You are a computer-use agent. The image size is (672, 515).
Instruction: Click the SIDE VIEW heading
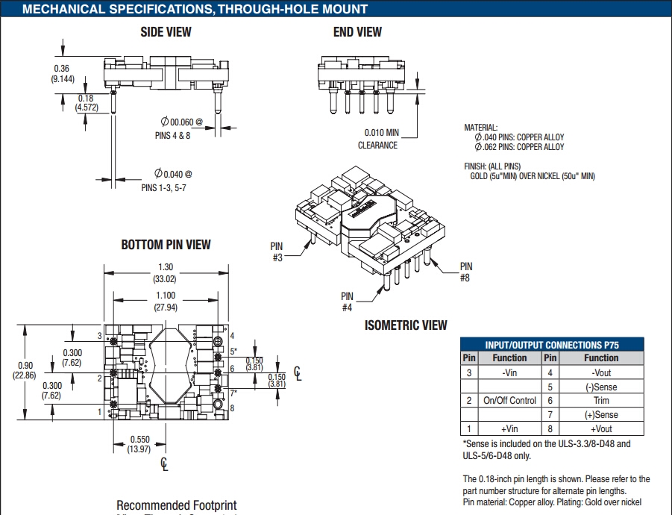click(x=166, y=31)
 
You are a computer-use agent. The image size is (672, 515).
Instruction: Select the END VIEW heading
click(x=357, y=31)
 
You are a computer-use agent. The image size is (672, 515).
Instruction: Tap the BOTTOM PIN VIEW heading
click(x=166, y=245)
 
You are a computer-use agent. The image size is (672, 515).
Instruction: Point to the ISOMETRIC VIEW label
click(x=406, y=325)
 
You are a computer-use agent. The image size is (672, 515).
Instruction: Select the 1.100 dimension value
click(x=165, y=296)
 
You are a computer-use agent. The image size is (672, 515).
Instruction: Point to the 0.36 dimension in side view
click(x=63, y=69)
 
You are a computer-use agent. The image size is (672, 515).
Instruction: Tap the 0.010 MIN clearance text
click(x=381, y=133)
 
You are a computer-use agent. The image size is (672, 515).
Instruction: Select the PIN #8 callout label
click(x=466, y=272)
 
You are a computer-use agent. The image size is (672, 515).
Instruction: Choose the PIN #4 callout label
click(x=347, y=302)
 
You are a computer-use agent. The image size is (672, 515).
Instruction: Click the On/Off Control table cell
click(x=509, y=401)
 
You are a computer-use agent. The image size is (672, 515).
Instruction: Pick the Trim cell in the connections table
click(x=601, y=401)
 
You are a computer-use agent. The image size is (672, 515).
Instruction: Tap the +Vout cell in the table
click(x=601, y=429)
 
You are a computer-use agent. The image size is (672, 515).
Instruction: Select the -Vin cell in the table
click(x=509, y=372)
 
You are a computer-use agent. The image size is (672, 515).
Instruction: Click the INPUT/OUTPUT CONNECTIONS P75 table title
click(x=552, y=345)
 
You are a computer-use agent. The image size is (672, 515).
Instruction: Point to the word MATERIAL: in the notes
click(x=480, y=128)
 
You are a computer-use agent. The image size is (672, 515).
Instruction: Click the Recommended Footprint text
click(x=176, y=506)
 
